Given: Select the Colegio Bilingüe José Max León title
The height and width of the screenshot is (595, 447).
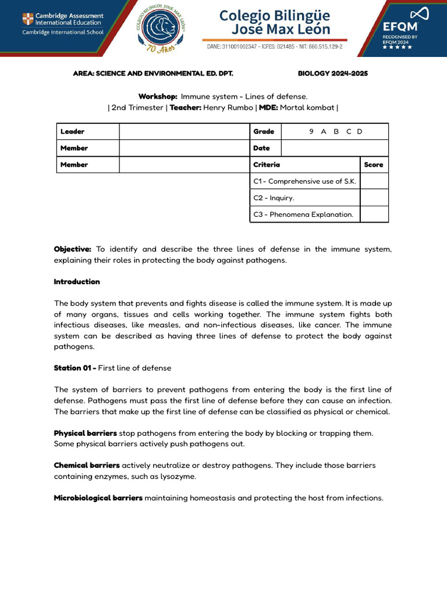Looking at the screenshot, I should (x=275, y=22).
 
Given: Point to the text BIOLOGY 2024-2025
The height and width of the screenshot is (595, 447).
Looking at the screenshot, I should (x=332, y=74).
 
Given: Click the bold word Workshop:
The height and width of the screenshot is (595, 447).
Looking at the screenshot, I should (x=158, y=96).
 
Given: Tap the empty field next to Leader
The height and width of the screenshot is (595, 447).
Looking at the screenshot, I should (x=184, y=132).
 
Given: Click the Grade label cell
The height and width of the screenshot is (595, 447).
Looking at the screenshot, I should (x=264, y=132).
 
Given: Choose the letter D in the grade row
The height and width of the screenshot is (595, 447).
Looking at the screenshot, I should (x=360, y=132).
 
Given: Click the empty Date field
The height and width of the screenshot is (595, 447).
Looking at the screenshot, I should (x=335, y=148).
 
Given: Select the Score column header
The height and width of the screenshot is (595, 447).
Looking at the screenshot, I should (x=374, y=165).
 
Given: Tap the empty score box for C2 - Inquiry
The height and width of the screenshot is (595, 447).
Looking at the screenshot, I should (x=374, y=198).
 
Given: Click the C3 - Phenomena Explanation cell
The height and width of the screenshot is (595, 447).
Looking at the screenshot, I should (x=304, y=214).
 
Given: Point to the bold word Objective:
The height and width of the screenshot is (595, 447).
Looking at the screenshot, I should (x=73, y=249).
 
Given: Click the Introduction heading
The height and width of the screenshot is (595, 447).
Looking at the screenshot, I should (x=77, y=282).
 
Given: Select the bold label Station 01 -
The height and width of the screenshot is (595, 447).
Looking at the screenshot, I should (x=75, y=368).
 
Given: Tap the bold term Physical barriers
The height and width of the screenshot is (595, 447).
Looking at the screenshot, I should (x=86, y=433).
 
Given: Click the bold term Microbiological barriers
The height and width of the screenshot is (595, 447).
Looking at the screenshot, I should (x=98, y=498).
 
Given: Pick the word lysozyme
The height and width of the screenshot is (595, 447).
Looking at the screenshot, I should (x=179, y=476).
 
